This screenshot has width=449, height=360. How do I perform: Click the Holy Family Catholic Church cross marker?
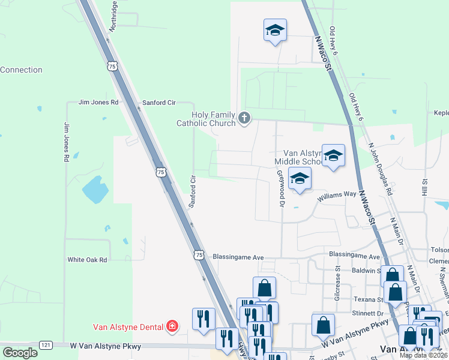[244, 118]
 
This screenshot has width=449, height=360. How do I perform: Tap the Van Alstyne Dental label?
[128, 327]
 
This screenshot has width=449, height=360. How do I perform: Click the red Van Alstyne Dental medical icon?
[172, 326]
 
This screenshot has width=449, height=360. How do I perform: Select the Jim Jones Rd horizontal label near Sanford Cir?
[98, 103]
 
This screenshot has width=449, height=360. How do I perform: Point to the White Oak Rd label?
[87, 260]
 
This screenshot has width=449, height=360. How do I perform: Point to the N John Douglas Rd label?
[380, 169]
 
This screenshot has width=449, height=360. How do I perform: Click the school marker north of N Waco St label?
[275, 30]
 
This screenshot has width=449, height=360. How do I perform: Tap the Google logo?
[20, 352]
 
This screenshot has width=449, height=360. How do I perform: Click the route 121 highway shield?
[46, 345]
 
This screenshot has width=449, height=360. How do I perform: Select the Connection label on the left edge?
[21, 70]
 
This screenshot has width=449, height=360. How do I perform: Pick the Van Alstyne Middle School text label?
[298, 157]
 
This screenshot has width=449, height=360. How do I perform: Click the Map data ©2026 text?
[423, 355]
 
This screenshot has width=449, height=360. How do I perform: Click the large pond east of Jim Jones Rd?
[96, 190]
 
